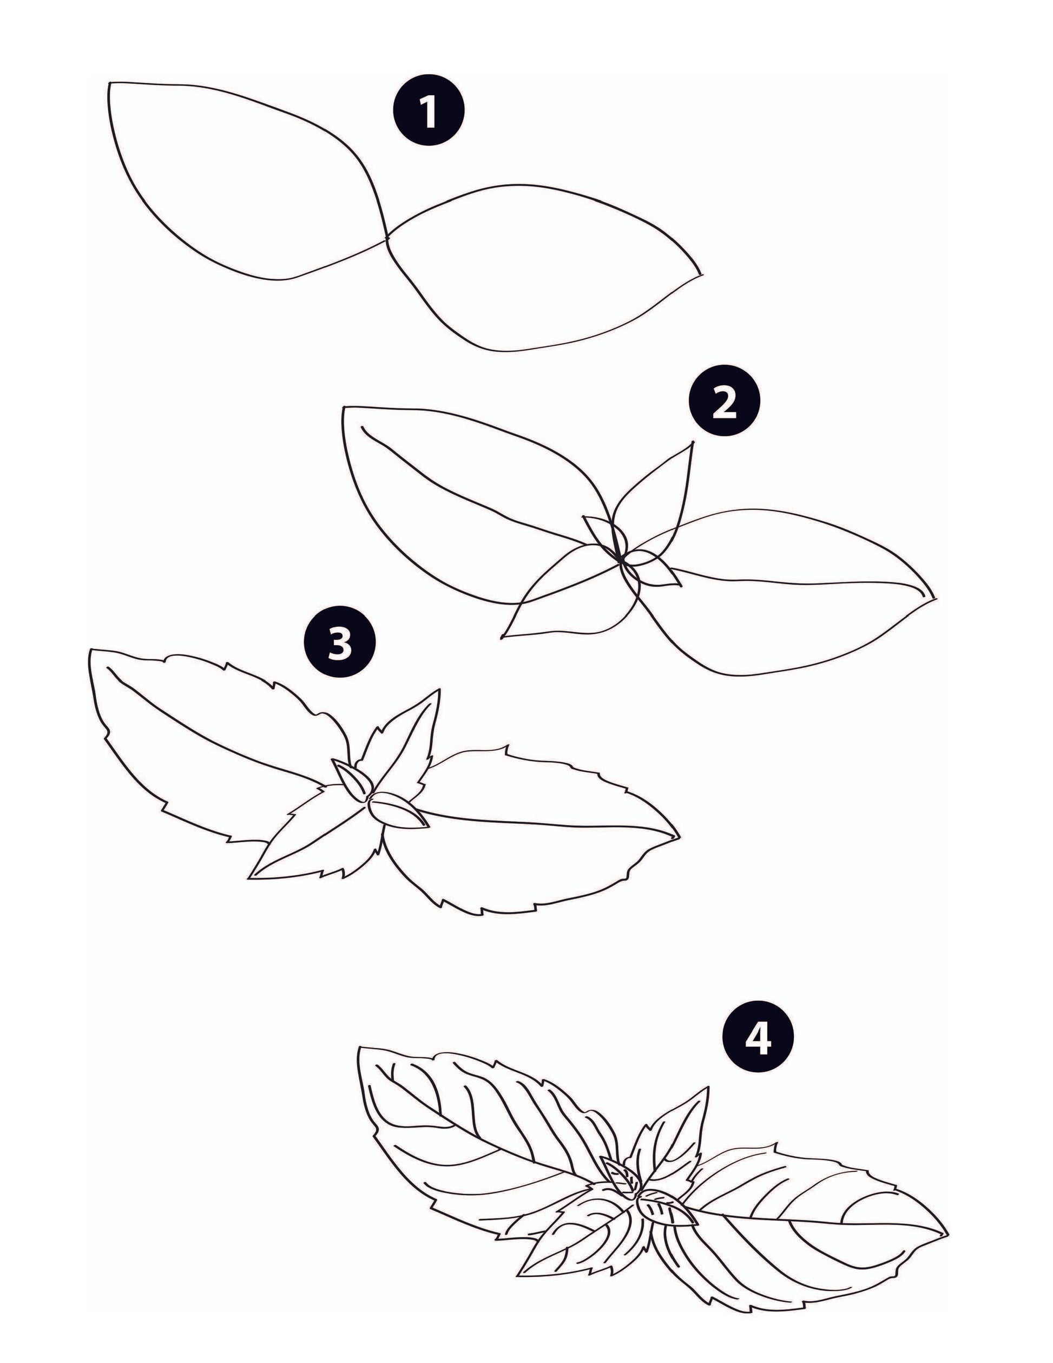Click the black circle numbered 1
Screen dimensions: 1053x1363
429,110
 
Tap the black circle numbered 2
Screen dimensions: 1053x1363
724,400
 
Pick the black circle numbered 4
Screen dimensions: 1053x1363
758,1039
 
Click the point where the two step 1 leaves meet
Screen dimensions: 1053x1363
387,238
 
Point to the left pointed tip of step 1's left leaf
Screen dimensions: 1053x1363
110,82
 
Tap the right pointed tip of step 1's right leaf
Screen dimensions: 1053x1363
701,273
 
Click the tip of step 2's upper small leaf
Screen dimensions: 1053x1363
693,442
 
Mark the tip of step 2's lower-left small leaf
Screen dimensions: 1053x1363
502,637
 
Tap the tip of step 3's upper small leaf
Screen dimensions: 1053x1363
440,690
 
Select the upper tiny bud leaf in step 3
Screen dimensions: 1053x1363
351,779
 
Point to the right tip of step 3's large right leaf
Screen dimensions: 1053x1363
679,836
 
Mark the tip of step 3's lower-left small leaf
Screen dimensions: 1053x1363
250,877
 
